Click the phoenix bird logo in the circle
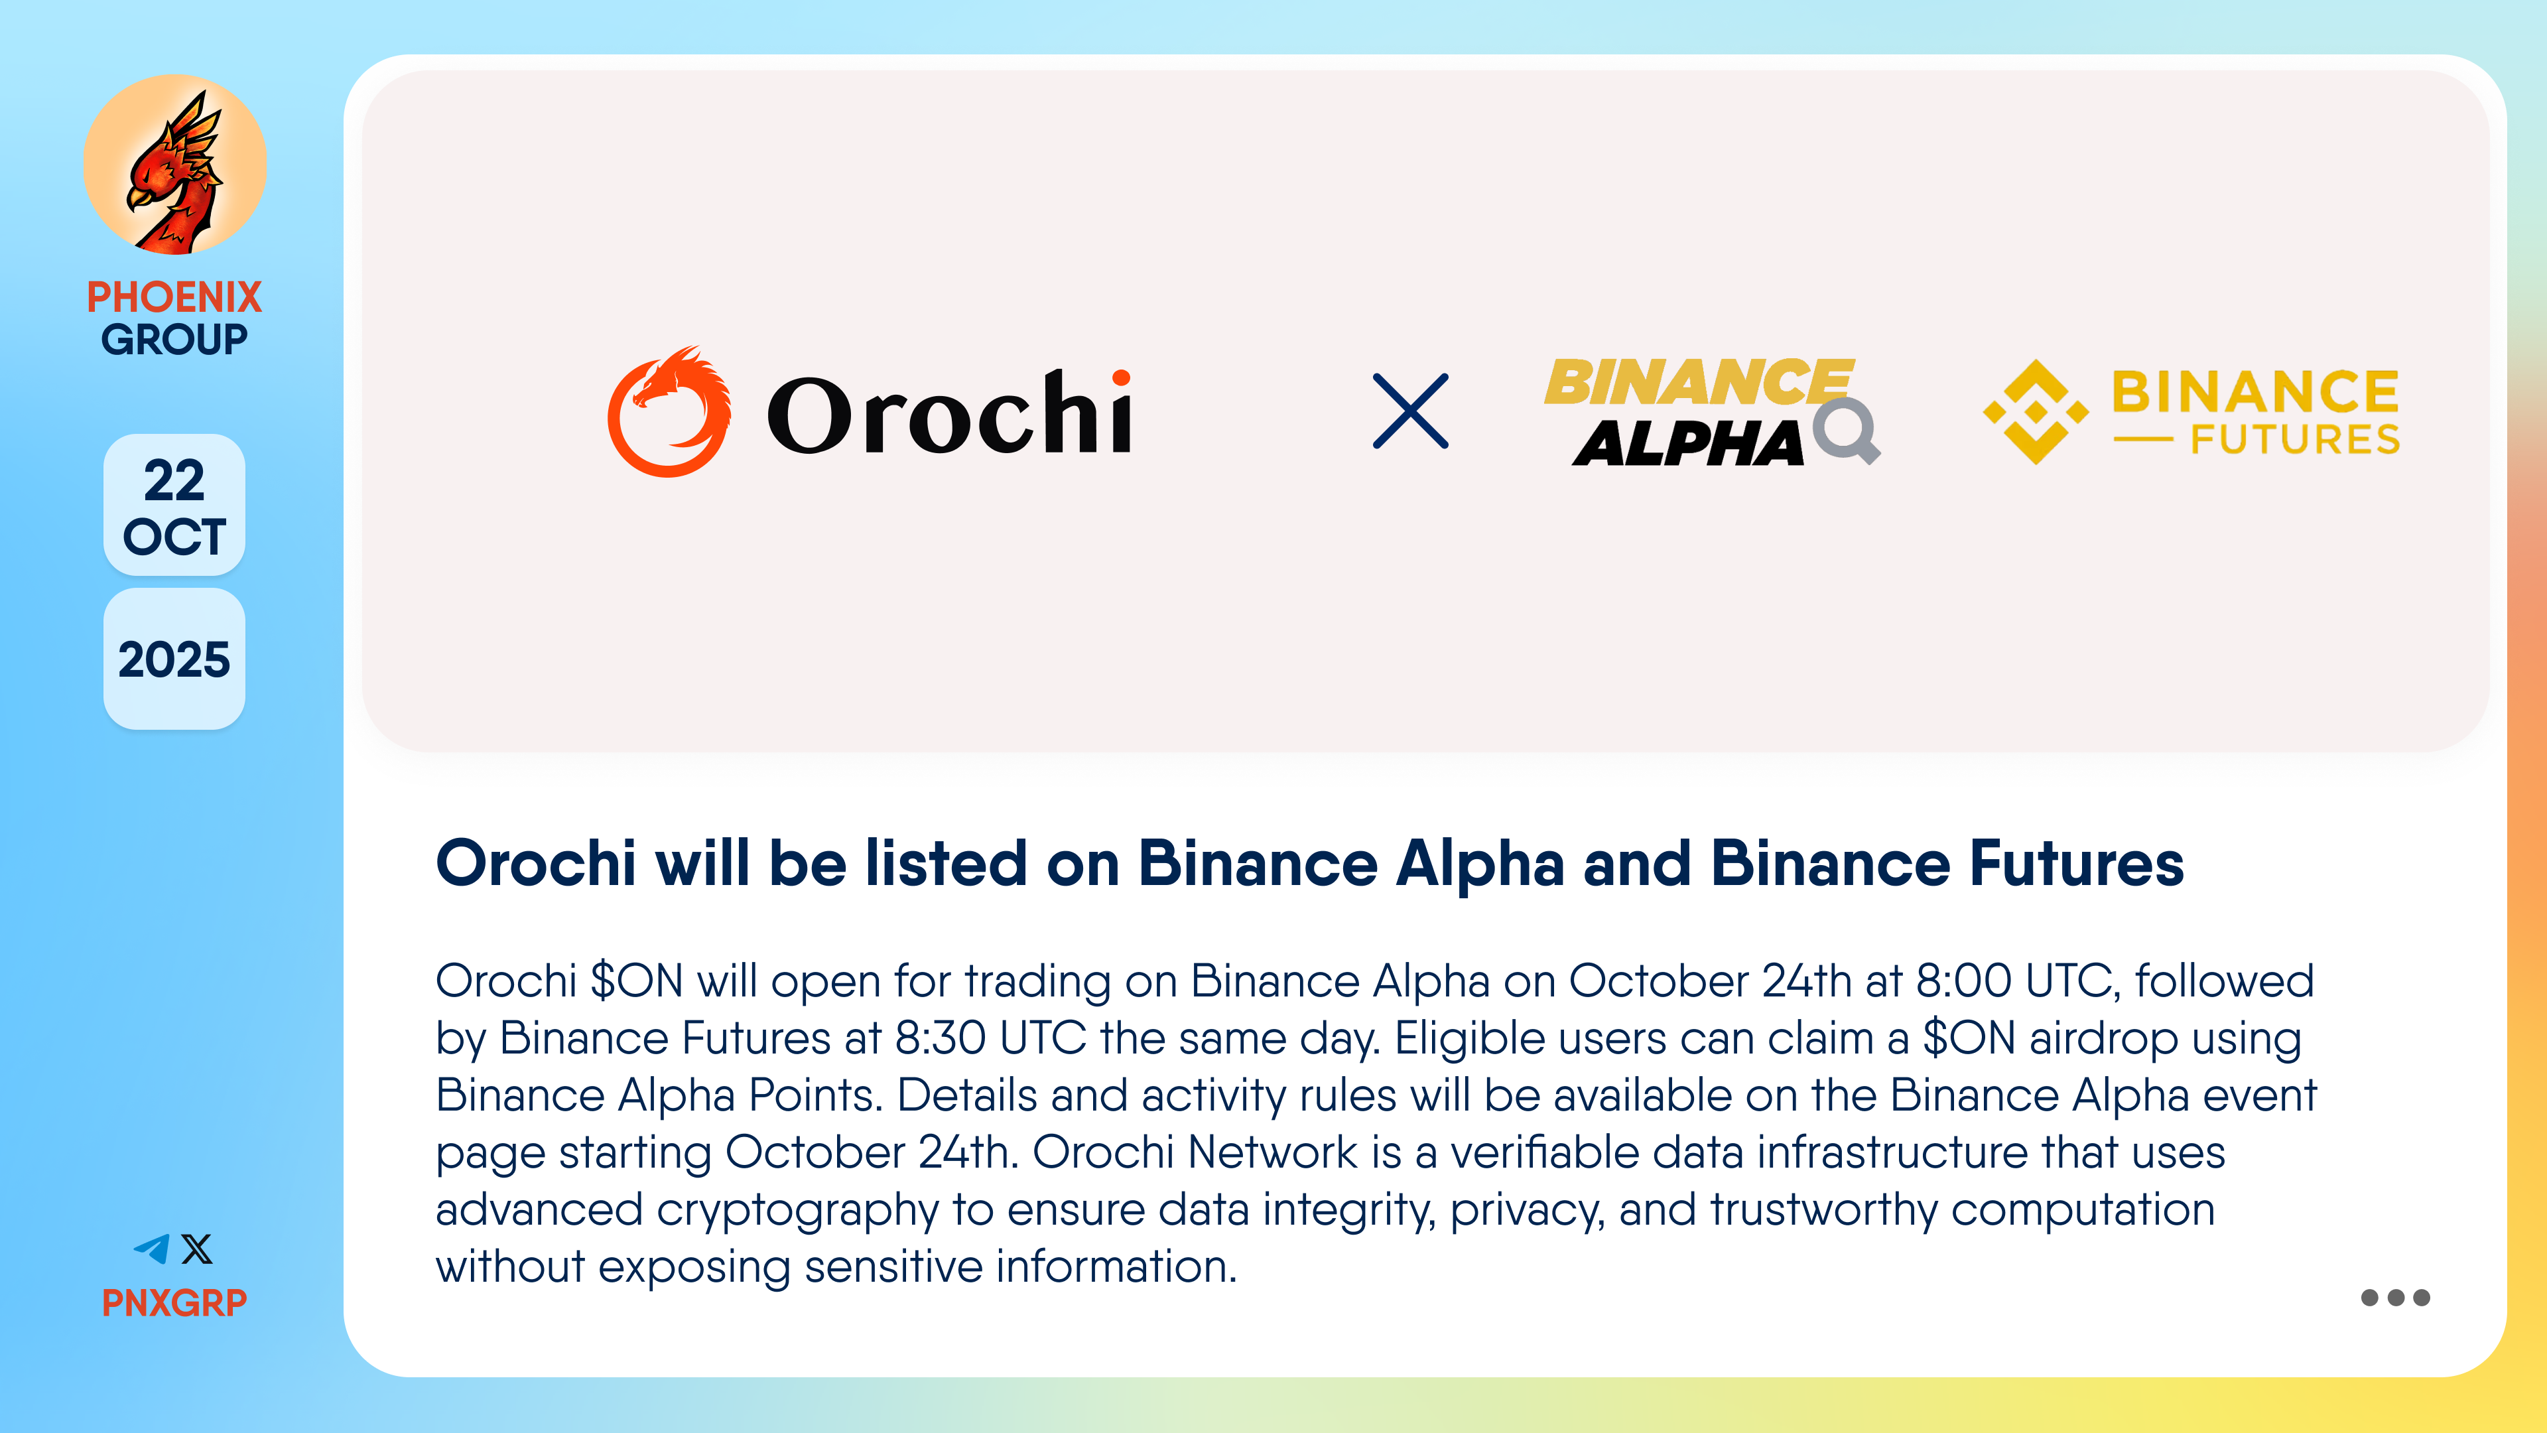pos(175,165)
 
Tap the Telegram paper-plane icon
pos(151,1249)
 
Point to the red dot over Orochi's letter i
pos(1120,377)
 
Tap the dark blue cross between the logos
pos(1410,411)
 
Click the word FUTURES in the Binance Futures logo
pos(2295,439)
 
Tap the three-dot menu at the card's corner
pos(2394,1298)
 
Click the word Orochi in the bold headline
pos(536,863)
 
